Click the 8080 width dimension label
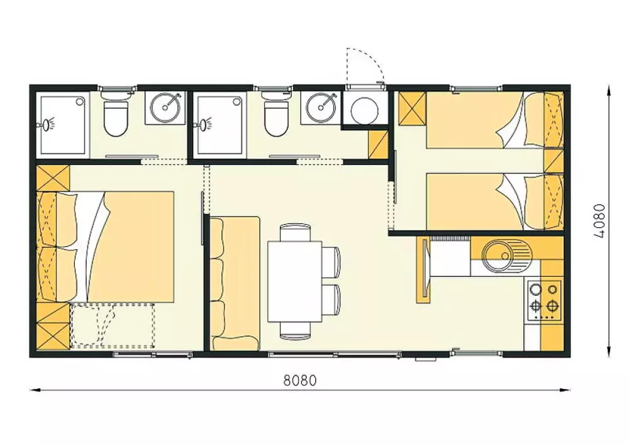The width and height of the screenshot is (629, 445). tap(300, 380)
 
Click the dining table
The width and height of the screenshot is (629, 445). tap(295, 281)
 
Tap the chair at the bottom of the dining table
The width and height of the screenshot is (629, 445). tap(295, 330)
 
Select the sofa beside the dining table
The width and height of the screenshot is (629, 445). tap(235, 283)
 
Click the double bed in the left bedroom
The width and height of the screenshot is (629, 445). tap(106, 247)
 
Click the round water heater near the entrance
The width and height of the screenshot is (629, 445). tap(365, 108)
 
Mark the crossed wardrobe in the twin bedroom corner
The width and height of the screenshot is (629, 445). tap(412, 108)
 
